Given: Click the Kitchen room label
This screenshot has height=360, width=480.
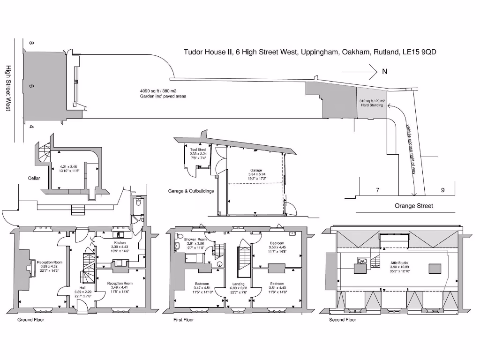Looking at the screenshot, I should (x=119, y=242).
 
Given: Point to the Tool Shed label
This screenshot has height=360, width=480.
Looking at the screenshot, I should (x=198, y=150).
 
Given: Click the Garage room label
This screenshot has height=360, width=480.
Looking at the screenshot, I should (x=256, y=170).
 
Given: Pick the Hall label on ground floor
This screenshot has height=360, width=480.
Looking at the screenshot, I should (x=82, y=287).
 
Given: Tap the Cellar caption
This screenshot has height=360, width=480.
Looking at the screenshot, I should (x=34, y=178).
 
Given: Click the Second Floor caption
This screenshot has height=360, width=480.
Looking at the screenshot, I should (x=343, y=320).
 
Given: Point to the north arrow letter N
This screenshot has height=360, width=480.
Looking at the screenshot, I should (x=384, y=72).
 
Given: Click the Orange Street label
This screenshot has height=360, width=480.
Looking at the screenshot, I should (x=414, y=206).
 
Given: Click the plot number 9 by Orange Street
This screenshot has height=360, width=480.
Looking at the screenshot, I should (x=442, y=190).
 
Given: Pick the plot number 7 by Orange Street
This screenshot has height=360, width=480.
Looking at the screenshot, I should (x=377, y=190).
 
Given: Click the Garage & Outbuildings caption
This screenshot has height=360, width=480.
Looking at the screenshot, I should (x=191, y=191).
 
